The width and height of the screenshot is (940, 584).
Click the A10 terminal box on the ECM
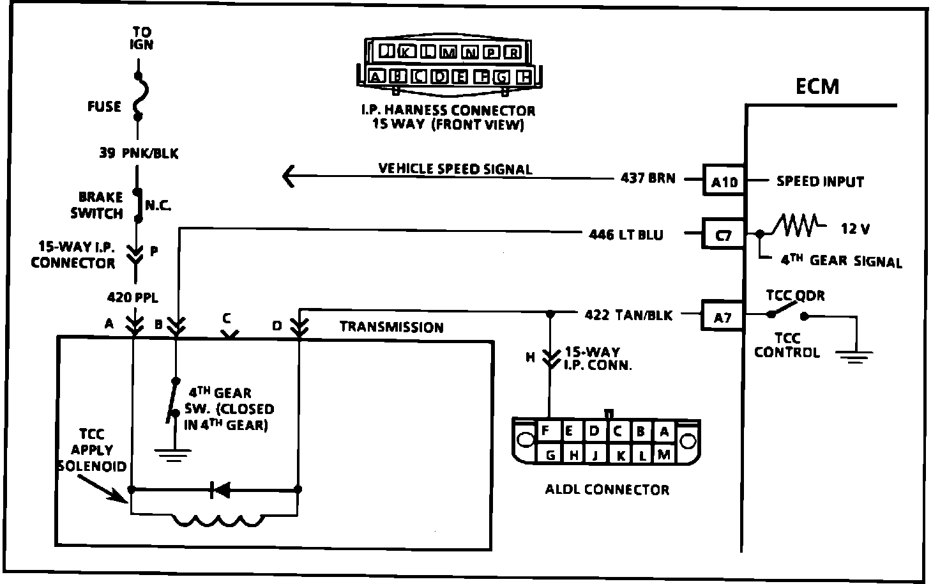click(724, 181)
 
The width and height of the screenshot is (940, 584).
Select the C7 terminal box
click(724, 234)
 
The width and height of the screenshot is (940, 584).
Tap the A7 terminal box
click(723, 316)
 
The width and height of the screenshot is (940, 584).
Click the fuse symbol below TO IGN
click(138, 96)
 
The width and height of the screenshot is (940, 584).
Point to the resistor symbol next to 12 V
click(794, 226)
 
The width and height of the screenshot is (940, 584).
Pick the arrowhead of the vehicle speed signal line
click(289, 176)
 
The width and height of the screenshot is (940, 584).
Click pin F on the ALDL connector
click(545, 431)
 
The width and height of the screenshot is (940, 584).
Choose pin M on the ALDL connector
click(663, 454)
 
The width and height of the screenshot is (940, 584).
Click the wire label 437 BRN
click(648, 178)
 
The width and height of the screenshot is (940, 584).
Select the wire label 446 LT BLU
click(626, 234)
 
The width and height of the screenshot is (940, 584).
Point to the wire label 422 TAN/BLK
click(628, 315)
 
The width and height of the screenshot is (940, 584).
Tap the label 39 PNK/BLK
click(139, 153)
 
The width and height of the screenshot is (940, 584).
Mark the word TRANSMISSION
click(391, 327)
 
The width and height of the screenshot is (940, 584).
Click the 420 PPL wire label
click(133, 297)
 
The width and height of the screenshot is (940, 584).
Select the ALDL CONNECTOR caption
click(607, 490)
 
